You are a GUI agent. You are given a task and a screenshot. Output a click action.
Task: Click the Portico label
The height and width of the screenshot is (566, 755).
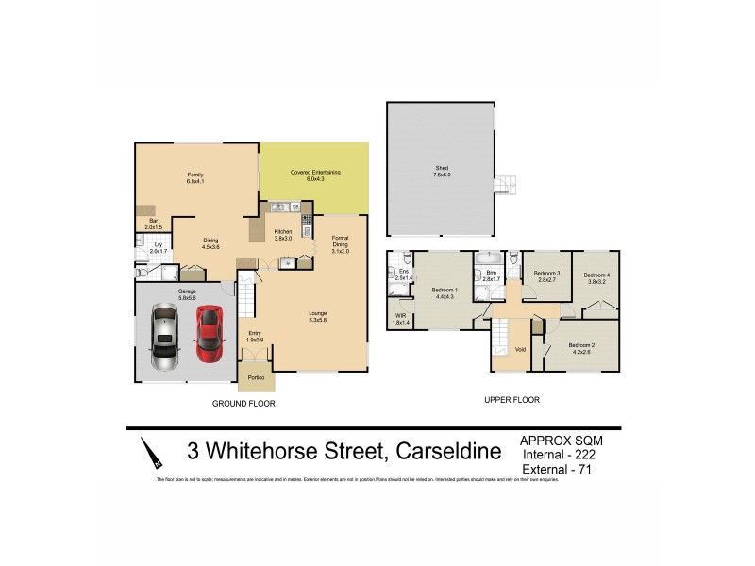pyautogui.click(x=256, y=378)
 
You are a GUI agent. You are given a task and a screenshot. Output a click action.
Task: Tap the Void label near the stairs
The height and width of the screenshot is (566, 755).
pyautogui.click(x=520, y=351)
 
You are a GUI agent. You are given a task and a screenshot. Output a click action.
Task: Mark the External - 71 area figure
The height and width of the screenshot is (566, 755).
pyautogui.click(x=563, y=469)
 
